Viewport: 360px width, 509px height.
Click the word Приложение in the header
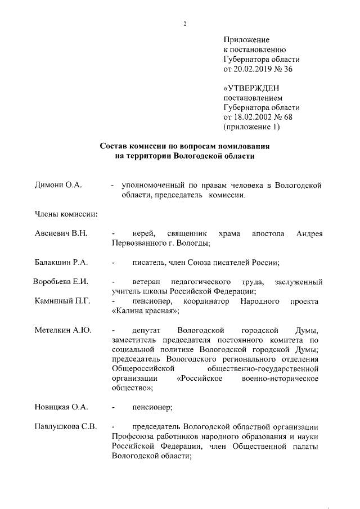point(246,40)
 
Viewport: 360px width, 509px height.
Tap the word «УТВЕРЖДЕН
point(251,88)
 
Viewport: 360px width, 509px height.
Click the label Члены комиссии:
point(66,214)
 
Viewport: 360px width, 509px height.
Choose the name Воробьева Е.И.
point(61,281)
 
